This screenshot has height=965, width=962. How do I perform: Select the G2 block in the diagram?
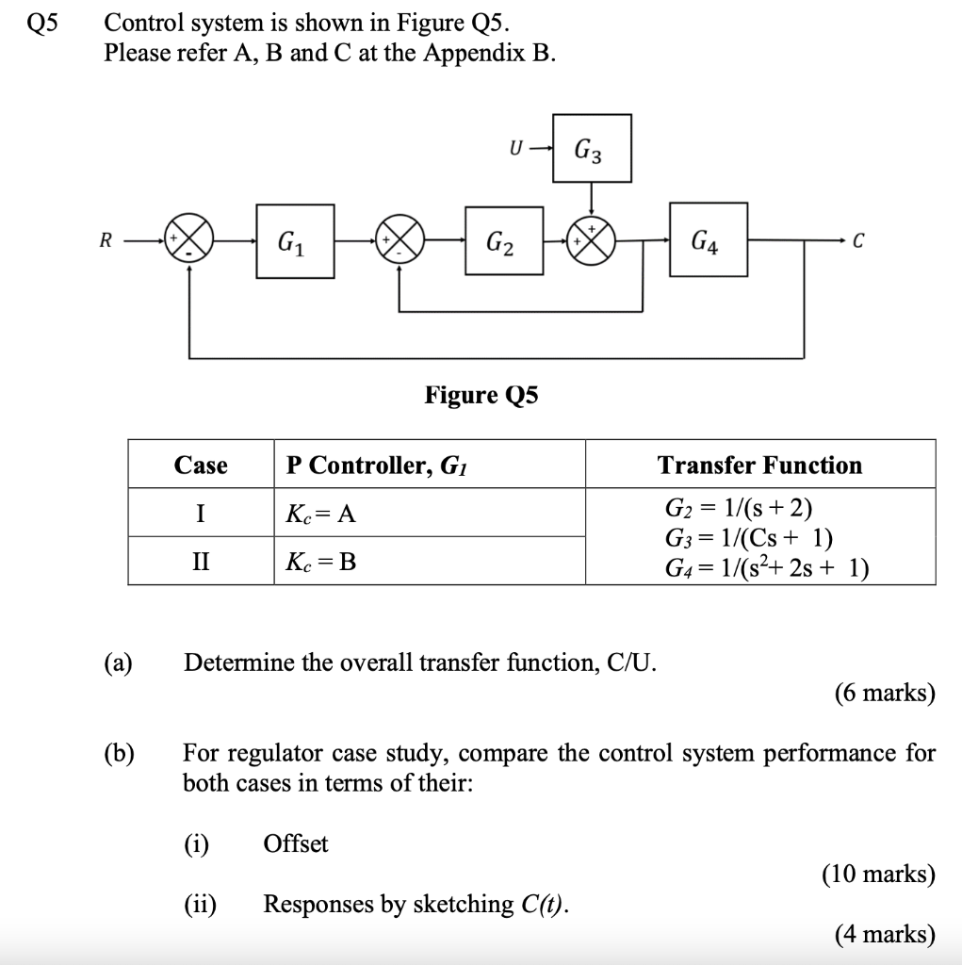tap(503, 241)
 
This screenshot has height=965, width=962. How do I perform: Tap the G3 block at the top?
tap(591, 148)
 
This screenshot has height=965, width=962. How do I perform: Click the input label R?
tap(106, 240)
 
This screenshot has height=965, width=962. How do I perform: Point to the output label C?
tap(857, 240)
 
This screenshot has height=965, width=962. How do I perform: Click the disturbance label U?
tap(514, 148)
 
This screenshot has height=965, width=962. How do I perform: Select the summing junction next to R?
tap(188, 241)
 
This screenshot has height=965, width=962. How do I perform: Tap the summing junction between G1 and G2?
tap(399, 241)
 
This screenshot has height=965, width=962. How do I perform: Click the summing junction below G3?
tap(591, 241)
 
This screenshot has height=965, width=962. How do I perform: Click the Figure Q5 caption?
tap(481, 394)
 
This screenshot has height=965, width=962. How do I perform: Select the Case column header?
tap(201, 465)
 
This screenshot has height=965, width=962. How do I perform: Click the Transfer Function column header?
tap(759, 465)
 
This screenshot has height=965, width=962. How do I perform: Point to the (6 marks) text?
tap(885, 694)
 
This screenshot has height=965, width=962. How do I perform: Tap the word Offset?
tap(296, 843)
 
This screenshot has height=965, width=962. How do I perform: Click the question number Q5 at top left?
tap(42, 22)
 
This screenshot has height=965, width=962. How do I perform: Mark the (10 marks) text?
tap(878, 875)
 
